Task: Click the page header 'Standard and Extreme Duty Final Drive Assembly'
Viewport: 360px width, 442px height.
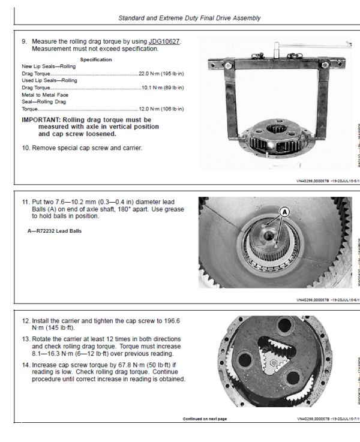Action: pyautogui.click(x=189, y=18)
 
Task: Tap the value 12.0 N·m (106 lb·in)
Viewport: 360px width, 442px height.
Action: pyautogui.click(x=161, y=109)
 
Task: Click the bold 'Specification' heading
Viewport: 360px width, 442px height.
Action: pyautogui.click(x=95, y=60)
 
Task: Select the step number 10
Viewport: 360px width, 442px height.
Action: pyautogui.click(x=25, y=148)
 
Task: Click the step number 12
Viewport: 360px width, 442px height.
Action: pyautogui.click(x=25, y=321)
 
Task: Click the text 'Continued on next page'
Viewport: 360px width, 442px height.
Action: pyautogui.click(x=205, y=419)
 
